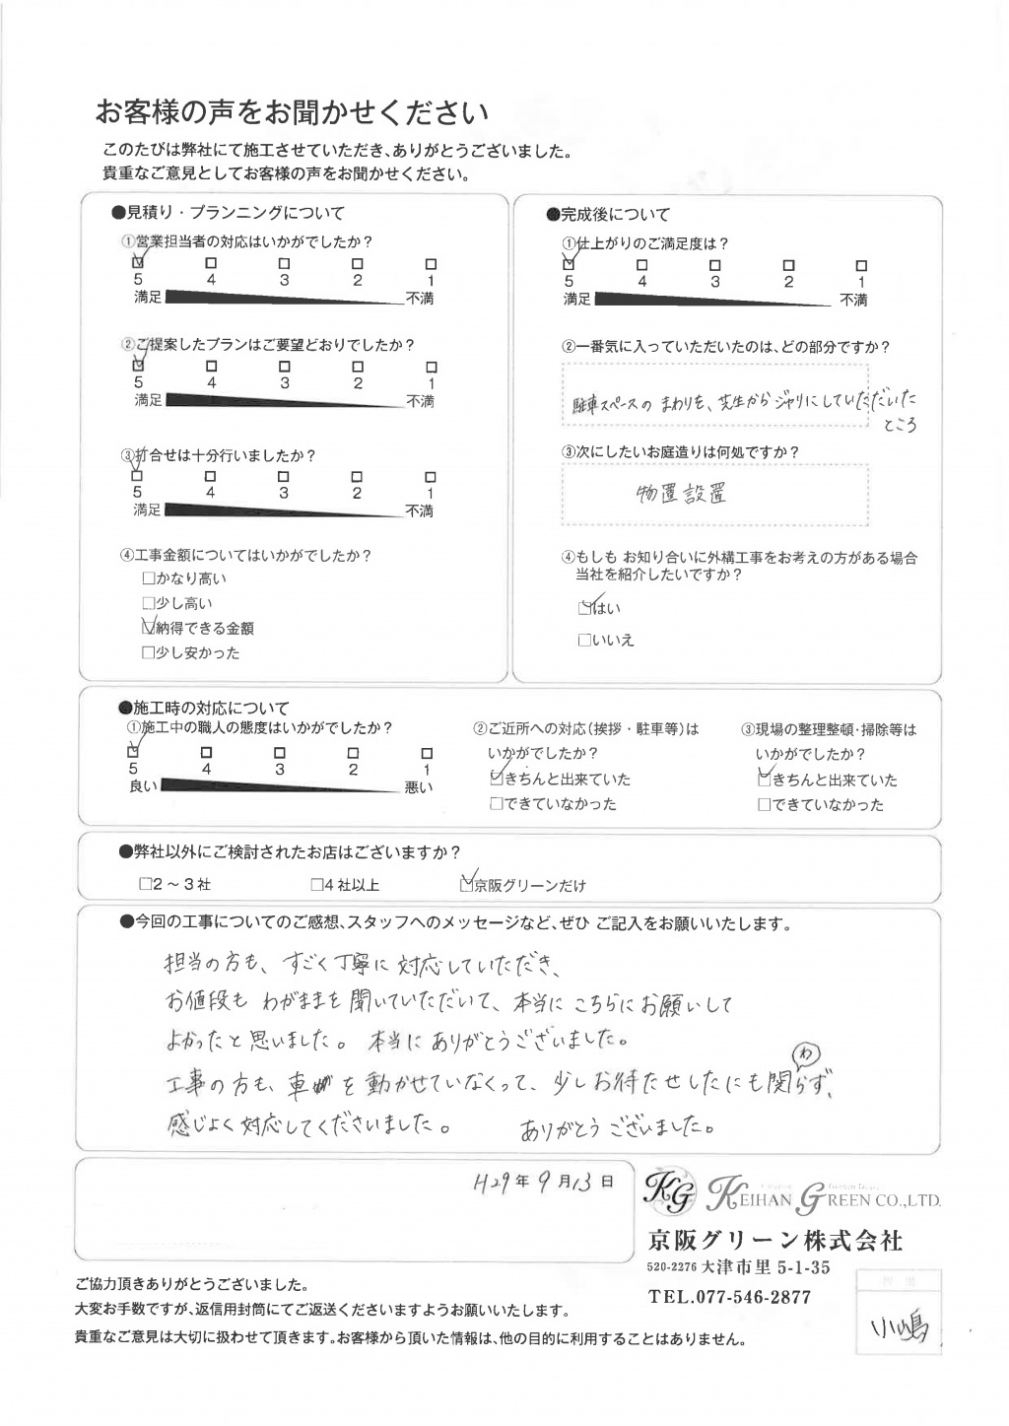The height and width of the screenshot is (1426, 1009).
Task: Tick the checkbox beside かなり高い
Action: coord(149,578)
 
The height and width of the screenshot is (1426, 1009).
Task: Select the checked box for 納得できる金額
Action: coord(149,626)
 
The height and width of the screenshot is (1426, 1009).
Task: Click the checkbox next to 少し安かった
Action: coord(149,652)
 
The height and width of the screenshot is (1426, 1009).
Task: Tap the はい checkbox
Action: coord(585,608)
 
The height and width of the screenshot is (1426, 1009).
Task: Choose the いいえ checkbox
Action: coord(584,641)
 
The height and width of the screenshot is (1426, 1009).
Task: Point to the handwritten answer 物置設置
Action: coord(681,493)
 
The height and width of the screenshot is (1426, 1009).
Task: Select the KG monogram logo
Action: coord(667,1192)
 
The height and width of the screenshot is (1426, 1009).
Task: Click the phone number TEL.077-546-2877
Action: coord(729,1297)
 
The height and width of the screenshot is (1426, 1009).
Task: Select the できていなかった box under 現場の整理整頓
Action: coord(764,805)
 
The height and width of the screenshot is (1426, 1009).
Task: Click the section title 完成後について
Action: coord(607,214)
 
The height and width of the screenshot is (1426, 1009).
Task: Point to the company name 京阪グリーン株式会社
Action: coord(774,1240)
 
